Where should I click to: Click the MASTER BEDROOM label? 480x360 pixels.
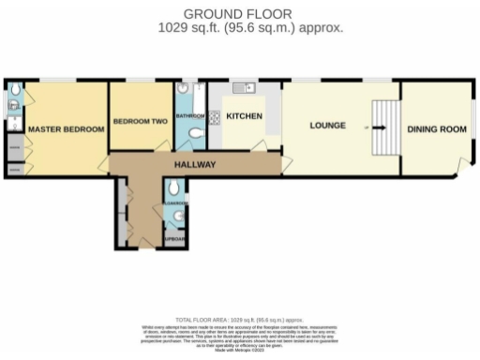(x=66, y=128)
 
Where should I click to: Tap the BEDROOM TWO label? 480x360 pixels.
(x=141, y=122)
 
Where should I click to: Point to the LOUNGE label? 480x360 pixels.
(x=329, y=126)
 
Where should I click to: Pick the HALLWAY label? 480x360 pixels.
(x=195, y=165)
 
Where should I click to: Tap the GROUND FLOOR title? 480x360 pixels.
(x=237, y=13)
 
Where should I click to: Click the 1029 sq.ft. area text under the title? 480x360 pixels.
(x=237, y=28)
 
